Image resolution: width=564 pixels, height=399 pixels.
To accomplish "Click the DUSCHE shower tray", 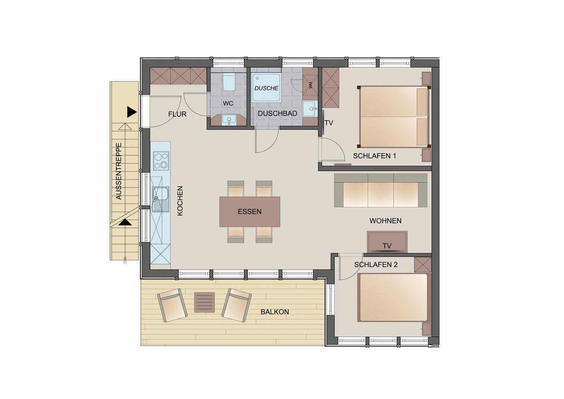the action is [266, 87].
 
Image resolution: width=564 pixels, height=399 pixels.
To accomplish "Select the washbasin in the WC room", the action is [229, 120].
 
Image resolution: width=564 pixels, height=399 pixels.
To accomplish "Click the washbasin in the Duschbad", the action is [310, 109].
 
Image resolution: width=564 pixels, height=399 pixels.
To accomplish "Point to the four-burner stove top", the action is [161, 161].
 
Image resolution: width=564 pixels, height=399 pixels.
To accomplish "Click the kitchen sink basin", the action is [161, 194].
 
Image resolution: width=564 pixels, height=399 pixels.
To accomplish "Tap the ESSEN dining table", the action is [249, 212].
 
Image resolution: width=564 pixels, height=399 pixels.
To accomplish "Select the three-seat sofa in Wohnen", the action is [380, 190].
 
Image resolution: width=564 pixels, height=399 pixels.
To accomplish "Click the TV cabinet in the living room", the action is [387, 242].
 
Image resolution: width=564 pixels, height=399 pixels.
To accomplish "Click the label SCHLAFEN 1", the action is [374, 156].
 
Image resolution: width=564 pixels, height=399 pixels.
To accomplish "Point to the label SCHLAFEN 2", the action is [376, 265].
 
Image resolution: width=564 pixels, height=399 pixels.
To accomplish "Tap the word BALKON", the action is [275, 312].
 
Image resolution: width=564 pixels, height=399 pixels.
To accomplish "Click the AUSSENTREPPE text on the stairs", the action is [119, 171].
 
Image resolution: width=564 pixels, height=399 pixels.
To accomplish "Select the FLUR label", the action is [177, 114].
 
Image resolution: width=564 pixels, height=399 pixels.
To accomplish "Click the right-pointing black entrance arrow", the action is [132, 112].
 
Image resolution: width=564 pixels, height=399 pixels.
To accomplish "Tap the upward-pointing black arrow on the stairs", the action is [125, 222].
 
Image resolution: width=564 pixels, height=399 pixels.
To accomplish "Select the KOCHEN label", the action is [180, 201].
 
